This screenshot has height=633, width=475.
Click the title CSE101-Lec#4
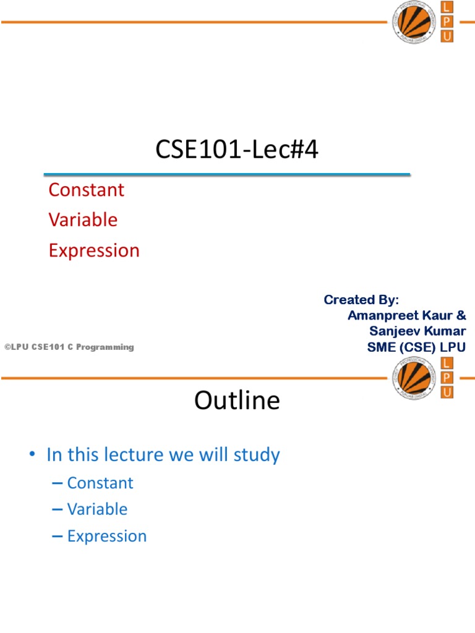tap(237, 150)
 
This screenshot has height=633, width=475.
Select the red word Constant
tap(86, 190)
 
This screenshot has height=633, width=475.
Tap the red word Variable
tap(83, 220)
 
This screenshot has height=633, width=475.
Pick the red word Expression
tap(94, 250)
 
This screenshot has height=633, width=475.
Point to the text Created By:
tap(362, 300)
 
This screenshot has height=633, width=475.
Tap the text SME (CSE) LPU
tap(416, 347)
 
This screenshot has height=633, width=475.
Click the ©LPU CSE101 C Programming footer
tap(69, 347)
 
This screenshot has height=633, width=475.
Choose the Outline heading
tap(237, 401)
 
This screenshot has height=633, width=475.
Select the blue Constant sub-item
tap(100, 483)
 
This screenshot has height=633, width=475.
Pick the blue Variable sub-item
tap(97, 509)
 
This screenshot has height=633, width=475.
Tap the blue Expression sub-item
tap(107, 536)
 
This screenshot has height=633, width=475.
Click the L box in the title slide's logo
tap(446, 7)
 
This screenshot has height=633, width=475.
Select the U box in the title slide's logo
tap(446, 36)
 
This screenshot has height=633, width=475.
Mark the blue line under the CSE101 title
tap(227, 175)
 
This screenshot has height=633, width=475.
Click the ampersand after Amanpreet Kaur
tap(461, 315)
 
